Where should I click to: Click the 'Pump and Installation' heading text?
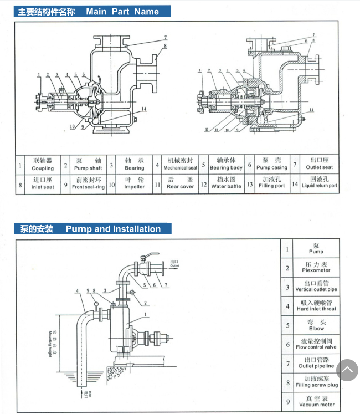point(112,229)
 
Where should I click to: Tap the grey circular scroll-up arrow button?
point(347,370)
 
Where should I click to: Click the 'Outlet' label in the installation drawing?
point(174,263)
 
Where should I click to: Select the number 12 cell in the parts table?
point(204,183)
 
